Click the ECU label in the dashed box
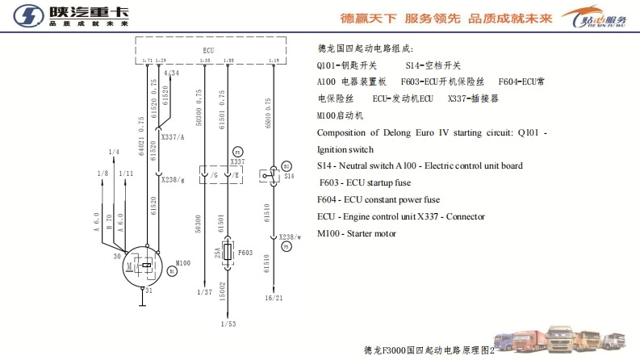coord(209,50)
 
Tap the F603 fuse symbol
coord(228,253)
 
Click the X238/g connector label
coord(174,179)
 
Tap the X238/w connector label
coord(291,237)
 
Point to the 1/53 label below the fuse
coord(229,324)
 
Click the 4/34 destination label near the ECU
coord(171,73)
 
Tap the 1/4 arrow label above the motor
coord(113,152)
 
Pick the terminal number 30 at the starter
coord(116,256)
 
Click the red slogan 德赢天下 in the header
coord(368,17)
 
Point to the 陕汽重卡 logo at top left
coord(69,16)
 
